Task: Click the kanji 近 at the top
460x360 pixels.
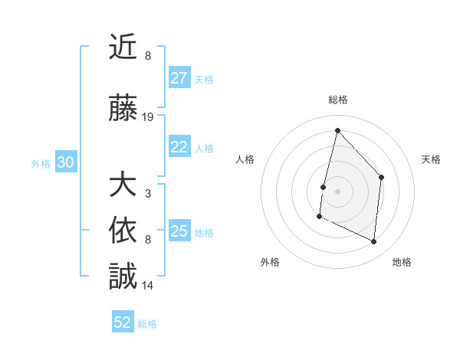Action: tap(123, 47)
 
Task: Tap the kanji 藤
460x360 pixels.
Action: tap(123, 109)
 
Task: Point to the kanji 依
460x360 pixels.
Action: tap(123, 231)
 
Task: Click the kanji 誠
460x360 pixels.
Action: tap(123, 277)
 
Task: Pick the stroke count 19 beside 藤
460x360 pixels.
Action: tap(148, 117)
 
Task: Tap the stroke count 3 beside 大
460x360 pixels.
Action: tap(148, 193)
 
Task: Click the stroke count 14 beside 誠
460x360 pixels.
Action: tap(148, 285)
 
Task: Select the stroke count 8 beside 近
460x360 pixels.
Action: tap(148, 56)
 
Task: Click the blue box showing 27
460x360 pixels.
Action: tap(179, 78)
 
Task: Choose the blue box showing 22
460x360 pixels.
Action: tap(179, 147)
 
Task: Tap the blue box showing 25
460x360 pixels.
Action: tap(179, 231)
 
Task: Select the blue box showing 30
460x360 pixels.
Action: tap(65, 162)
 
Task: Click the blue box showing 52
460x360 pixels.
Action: tap(123, 322)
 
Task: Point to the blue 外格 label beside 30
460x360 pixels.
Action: tap(41, 163)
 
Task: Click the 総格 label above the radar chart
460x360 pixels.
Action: tap(338, 100)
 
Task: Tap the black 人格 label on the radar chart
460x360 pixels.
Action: tap(245, 159)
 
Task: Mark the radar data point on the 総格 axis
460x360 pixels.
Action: tap(337, 130)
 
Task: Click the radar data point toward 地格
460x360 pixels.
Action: tap(374, 241)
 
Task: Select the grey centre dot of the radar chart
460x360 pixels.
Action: tap(337, 191)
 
